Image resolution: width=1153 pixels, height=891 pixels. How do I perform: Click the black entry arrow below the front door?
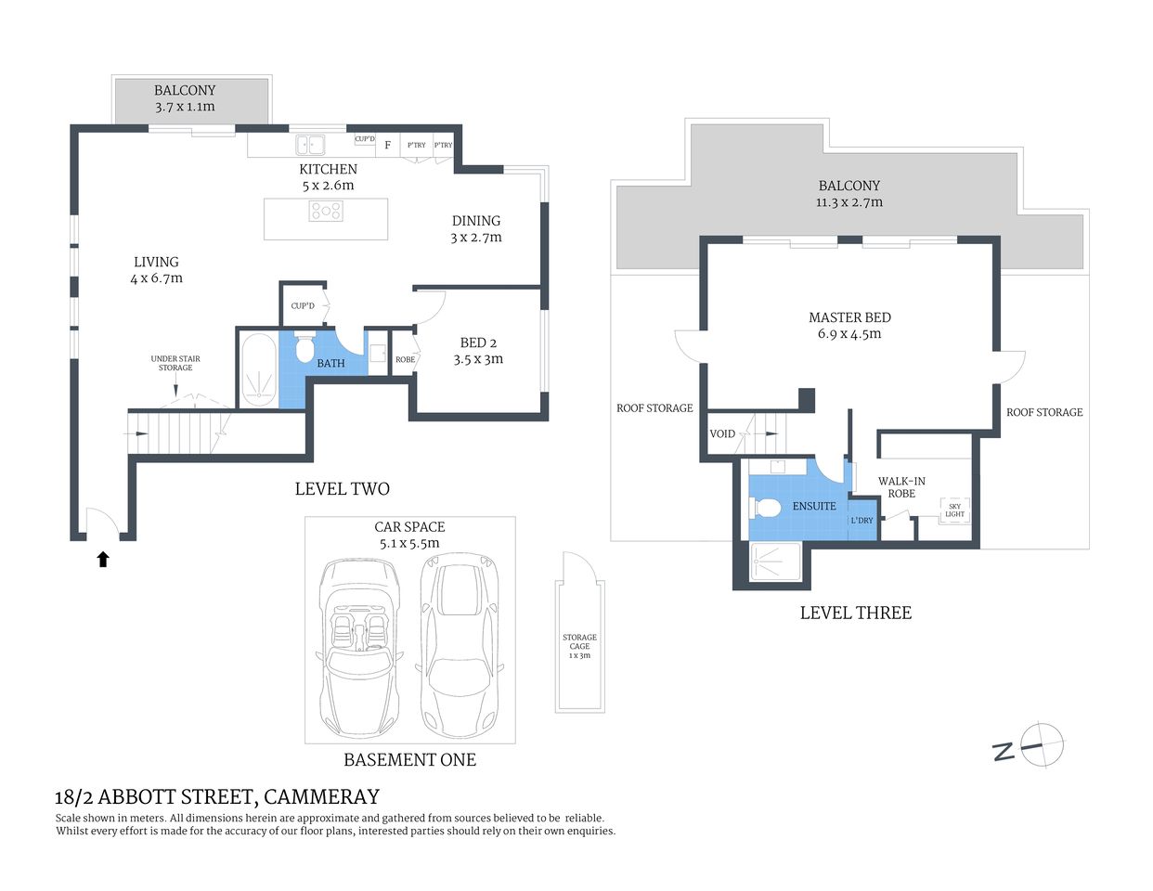tap(103, 559)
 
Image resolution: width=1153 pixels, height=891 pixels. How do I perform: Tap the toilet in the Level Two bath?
tap(304, 348)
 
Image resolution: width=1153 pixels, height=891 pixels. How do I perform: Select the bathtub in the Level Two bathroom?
tap(257, 368)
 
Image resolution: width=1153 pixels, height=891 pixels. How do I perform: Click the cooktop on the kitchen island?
tap(326, 212)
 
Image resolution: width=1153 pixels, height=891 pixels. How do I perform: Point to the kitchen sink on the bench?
tap(310, 145)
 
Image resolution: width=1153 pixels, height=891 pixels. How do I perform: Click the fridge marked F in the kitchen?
tap(387, 145)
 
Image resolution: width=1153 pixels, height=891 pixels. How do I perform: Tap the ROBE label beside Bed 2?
tap(405, 359)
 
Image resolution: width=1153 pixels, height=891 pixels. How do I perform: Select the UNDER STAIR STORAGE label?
tap(175, 363)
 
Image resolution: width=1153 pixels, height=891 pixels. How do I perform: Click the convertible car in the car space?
tap(358, 645)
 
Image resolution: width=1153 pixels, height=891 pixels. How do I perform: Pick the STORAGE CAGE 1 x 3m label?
tap(579, 646)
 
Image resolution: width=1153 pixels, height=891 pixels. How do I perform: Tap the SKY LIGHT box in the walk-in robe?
tap(954, 510)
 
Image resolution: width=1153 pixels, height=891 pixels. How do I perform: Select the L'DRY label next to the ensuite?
tap(862, 521)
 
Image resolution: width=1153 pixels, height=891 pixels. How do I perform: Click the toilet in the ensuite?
tap(765, 508)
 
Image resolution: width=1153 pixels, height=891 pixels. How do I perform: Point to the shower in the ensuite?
tap(774, 562)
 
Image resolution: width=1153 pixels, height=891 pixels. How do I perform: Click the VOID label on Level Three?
tap(722, 433)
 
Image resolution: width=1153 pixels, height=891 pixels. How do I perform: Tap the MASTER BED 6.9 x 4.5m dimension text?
tap(849, 334)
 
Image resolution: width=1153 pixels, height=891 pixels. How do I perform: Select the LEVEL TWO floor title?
tap(342, 489)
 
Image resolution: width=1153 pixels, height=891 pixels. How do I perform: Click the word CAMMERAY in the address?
tap(321, 797)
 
